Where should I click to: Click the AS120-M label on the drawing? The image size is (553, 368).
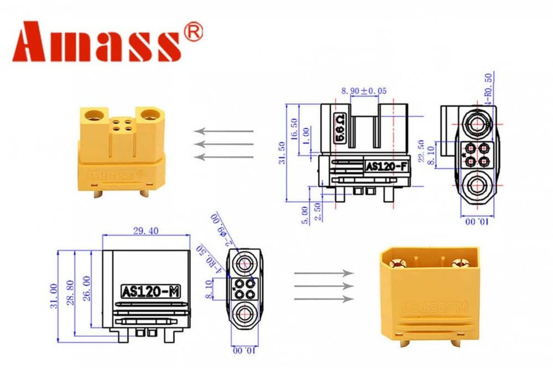[145, 291]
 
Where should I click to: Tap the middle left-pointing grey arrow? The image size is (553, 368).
[223, 144]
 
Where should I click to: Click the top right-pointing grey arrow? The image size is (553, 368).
[324, 273]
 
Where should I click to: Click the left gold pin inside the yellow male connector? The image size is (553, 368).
[400, 264]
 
